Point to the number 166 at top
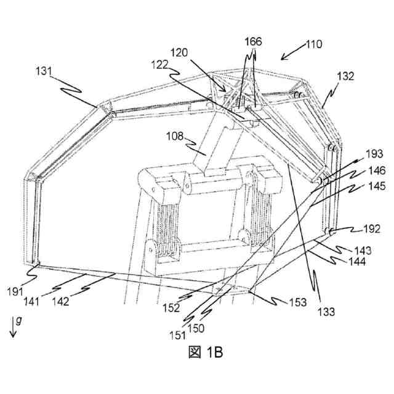pos(252,42)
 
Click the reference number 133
pos(327,312)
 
